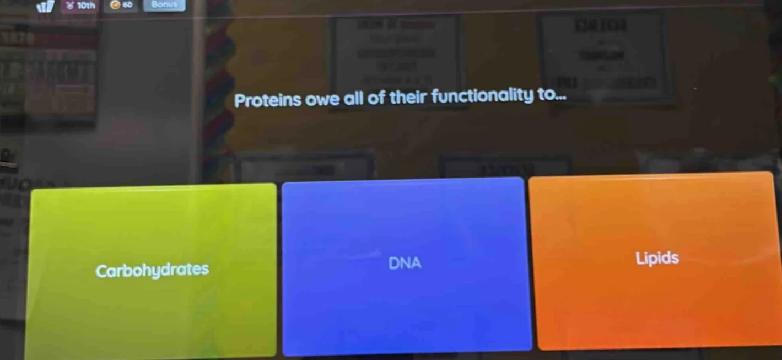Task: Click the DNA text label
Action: point(405,264)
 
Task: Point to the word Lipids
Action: point(657,258)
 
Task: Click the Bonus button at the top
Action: point(164,5)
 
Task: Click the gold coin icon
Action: point(115,6)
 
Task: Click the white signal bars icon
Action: point(46,7)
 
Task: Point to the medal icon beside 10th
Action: point(70,6)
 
